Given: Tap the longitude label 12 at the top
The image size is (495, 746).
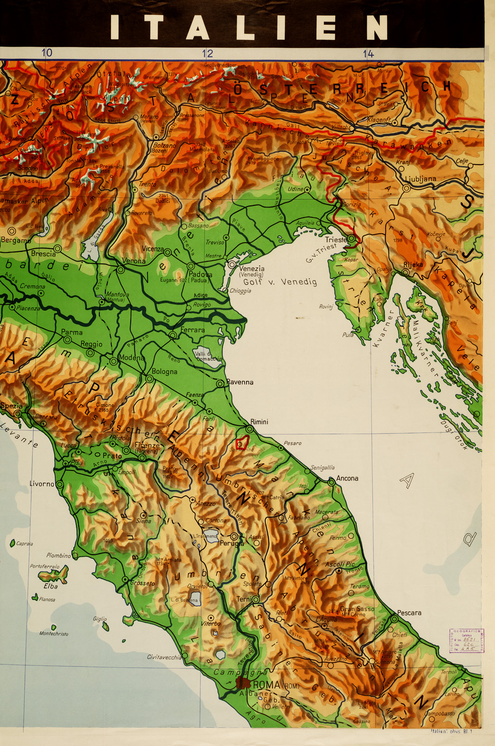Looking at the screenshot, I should click(207, 54).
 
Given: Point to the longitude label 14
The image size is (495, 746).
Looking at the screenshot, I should click(368, 54).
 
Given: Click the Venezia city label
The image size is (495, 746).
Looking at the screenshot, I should click(251, 269).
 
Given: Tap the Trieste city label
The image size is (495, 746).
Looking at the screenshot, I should click(336, 240).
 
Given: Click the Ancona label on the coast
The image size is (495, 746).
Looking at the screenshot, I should click(347, 478).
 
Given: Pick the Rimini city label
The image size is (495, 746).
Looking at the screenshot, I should click(259, 421).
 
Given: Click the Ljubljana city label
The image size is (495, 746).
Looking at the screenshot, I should click(420, 179).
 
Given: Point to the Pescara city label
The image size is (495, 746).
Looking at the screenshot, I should click(409, 613).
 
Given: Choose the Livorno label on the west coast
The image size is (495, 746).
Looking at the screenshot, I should click(42, 484).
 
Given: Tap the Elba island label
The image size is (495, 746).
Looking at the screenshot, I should click(50, 586).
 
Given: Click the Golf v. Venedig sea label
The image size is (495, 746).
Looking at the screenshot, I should click(280, 282).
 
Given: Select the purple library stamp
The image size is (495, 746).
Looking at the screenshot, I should click(466, 641).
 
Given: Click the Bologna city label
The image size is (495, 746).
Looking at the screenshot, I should click(164, 371).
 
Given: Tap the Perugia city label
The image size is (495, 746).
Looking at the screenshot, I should click(232, 544).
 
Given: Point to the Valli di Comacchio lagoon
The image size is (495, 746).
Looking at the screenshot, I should click(208, 355).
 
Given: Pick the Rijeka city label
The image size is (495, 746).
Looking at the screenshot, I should click(413, 264).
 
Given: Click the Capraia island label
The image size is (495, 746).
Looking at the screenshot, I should click(24, 544).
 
